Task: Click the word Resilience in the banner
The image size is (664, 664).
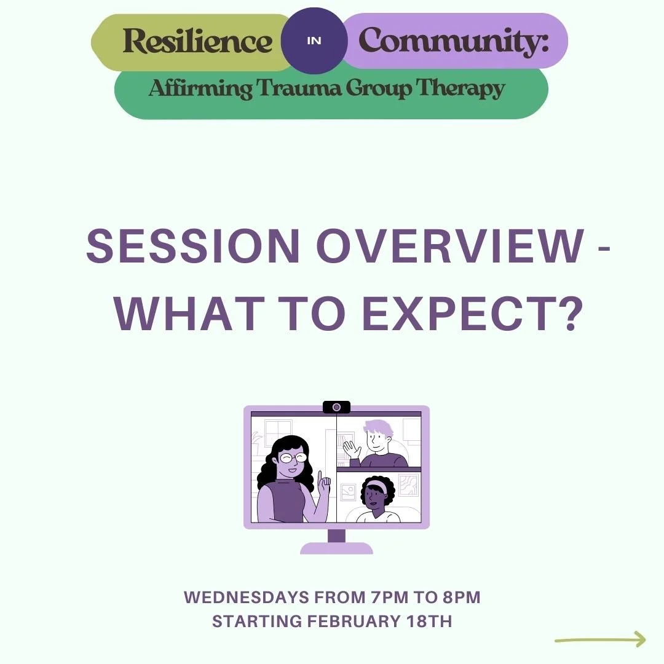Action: coord(197,42)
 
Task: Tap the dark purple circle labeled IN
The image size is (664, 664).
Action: coord(314,41)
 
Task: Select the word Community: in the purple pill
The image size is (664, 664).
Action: coord(453,41)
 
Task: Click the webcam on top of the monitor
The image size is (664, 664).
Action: coord(336,407)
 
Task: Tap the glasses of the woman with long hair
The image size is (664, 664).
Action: coord(291,457)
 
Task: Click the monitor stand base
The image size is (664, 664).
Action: coord(336,547)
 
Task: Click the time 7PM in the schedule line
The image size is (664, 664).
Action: coord(386,597)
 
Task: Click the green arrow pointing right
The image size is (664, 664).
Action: coord(601,640)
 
